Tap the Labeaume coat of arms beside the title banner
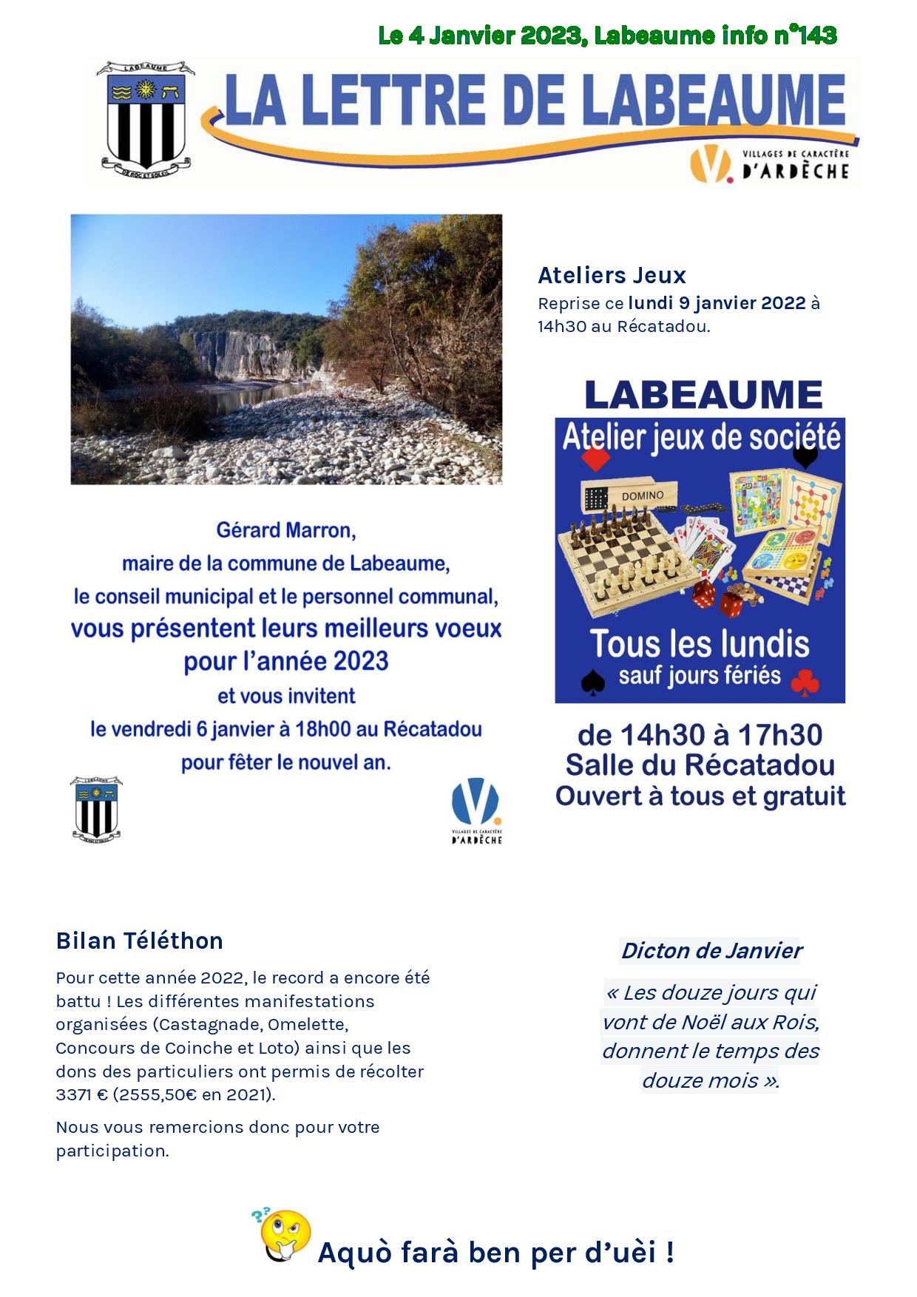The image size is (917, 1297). coord(146,116)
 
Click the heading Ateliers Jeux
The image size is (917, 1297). coord(612,275)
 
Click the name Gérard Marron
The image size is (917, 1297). coord(285,530)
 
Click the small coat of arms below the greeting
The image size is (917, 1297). coord(96,808)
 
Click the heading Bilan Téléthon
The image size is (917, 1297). coord(139,941)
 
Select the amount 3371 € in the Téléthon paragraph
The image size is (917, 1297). coord(82,1094)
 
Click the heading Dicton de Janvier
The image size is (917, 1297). coord(711,950)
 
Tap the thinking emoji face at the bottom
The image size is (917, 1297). coord(285,1236)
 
